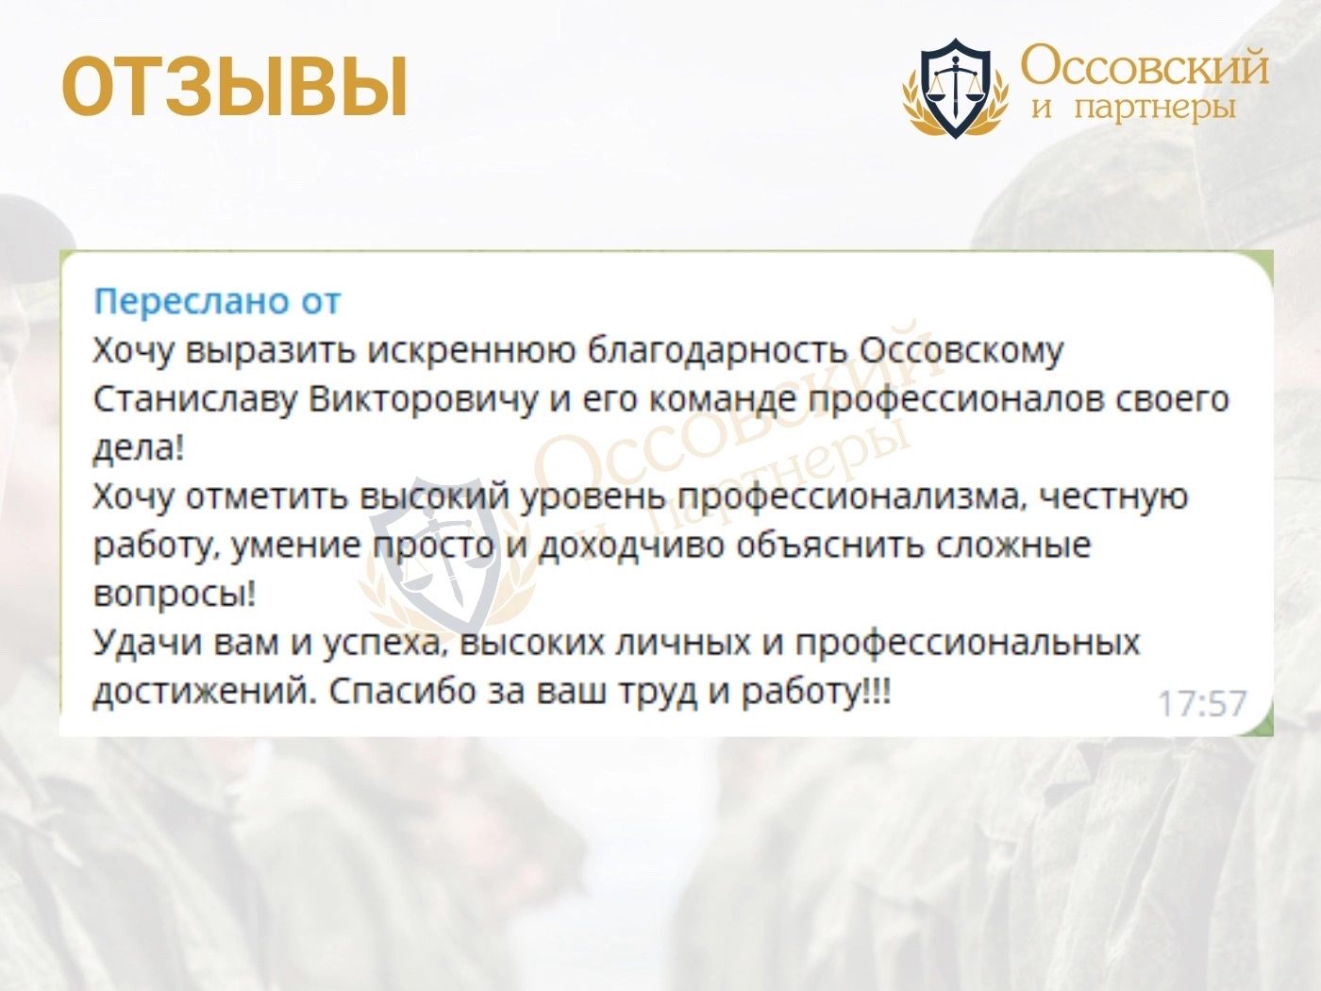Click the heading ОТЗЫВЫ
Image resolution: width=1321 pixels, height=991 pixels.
(235, 86)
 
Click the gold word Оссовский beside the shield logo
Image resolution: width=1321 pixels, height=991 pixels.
(1144, 66)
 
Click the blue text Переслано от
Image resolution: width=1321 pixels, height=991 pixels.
(218, 301)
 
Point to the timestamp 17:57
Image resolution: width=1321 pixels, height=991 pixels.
(1201, 703)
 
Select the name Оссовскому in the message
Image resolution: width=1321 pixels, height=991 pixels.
(961, 351)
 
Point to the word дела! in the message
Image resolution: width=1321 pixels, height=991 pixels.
(138, 449)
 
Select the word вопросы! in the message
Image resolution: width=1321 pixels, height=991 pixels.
(175, 596)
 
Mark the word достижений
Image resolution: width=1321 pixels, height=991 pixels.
(204, 693)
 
